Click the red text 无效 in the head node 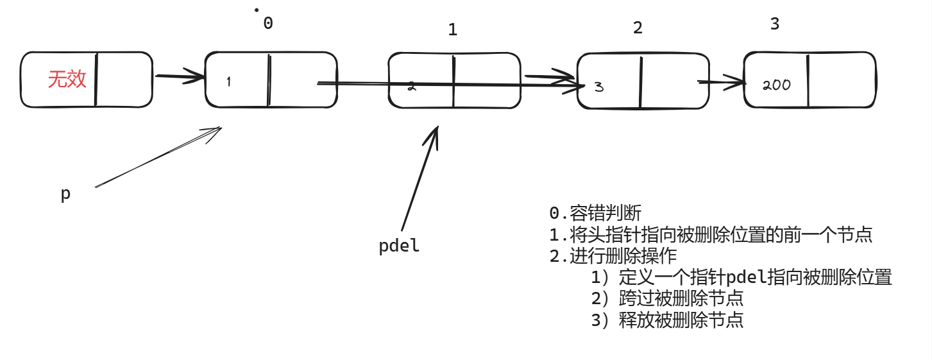[x=67, y=80]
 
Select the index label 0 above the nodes [x=268, y=23]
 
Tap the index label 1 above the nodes [x=453, y=30]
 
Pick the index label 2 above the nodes [x=637, y=28]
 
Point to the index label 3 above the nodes [x=774, y=24]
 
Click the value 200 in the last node [x=777, y=85]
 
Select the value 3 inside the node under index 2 [x=598, y=87]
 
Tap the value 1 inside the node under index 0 [x=229, y=81]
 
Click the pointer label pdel [x=399, y=246]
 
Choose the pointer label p [x=65, y=194]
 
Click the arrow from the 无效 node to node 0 [x=179, y=78]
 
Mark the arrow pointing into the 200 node [x=722, y=82]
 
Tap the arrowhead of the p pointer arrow [x=215, y=131]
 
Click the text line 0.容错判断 [x=595, y=214]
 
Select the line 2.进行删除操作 [x=613, y=256]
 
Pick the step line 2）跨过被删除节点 [x=667, y=298]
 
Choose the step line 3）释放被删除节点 [x=667, y=320]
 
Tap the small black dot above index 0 [x=257, y=10]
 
